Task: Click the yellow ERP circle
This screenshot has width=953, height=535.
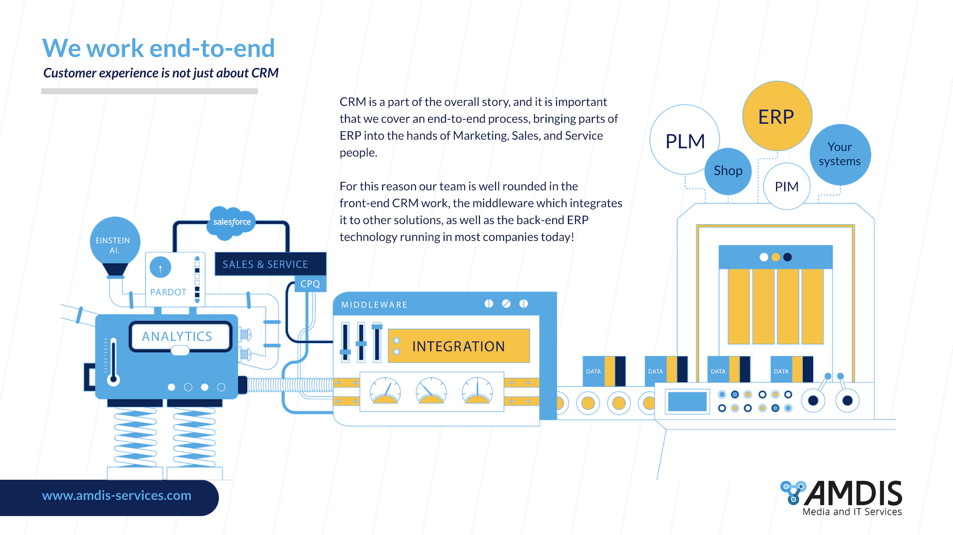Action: tap(777, 116)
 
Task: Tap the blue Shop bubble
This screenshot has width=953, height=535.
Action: tap(728, 171)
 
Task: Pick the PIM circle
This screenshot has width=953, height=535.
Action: tap(787, 186)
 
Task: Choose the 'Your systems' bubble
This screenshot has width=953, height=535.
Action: tap(840, 154)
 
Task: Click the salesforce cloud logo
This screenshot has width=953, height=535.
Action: tap(232, 221)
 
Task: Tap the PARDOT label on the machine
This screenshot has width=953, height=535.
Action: tap(168, 292)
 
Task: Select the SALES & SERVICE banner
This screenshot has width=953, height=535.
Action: tap(270, 264)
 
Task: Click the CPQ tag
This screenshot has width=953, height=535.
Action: tap(310, 284)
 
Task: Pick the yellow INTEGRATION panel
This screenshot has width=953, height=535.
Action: tap(459, 346)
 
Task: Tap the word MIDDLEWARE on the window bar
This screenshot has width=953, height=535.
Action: tap(375, 305)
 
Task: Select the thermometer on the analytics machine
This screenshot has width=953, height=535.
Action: tap(113, 361)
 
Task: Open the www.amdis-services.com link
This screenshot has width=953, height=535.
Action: tap(117, 496)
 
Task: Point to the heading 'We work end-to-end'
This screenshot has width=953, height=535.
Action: tap(159, 48)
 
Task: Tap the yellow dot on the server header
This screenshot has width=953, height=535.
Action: tap(776, 257)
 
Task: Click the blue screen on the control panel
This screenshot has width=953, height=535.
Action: tap(687, 401)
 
